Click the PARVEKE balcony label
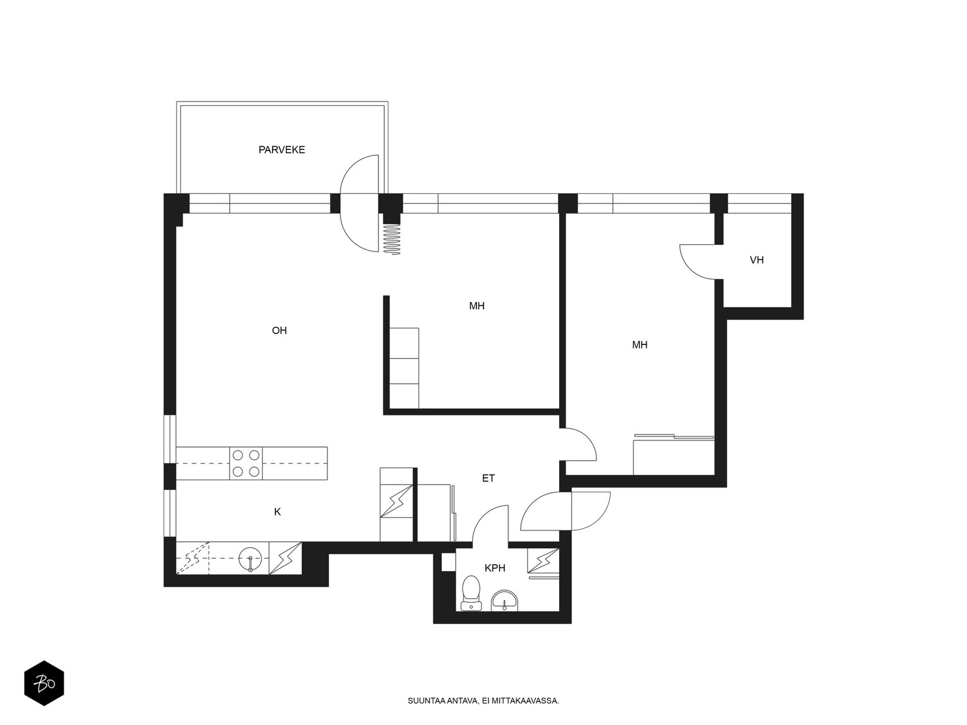pos(282,150)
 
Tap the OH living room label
pos(279,330)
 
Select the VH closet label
pos(757,260)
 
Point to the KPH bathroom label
pos(495,569)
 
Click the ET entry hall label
pos(488,478)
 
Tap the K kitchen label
pos(277,512)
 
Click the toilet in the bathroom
pos(471,593)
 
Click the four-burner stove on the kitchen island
pos(246,463)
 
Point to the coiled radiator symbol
pos(392,239)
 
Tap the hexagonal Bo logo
pos(44,683)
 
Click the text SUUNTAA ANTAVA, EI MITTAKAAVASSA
pos(483,701)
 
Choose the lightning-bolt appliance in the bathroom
pos(543,561)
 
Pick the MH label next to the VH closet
pos(639,344)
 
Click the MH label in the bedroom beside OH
pos(477,306)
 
